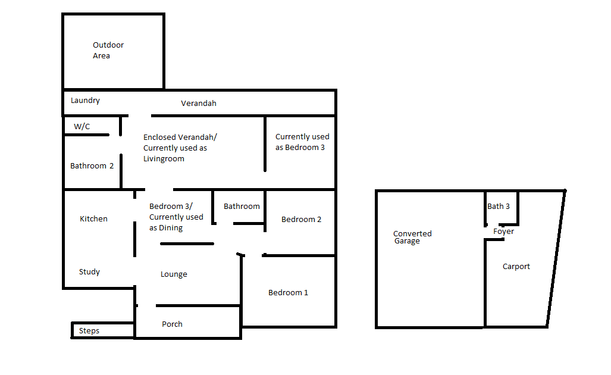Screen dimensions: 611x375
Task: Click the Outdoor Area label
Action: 108,50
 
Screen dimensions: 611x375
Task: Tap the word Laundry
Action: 85,101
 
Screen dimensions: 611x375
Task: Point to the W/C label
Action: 82,126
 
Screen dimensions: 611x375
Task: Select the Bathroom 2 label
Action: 92,165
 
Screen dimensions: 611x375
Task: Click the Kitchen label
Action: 93,218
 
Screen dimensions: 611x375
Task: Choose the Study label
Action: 89,271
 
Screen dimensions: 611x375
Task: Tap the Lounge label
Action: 174,274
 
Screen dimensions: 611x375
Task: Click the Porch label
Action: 172,324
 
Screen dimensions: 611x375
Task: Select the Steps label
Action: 89,330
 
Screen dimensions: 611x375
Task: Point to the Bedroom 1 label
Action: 288,292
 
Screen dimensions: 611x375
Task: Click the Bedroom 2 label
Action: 301,219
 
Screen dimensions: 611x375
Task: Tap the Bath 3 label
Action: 499,206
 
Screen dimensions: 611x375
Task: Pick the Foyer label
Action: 503,231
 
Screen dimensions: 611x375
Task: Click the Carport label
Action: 516,266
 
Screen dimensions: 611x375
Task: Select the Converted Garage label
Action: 412,237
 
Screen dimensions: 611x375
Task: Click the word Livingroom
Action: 164,159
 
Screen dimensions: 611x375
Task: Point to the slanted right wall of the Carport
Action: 556,258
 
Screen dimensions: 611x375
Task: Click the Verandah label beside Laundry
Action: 198,104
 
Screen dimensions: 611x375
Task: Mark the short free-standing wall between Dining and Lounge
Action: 187,243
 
